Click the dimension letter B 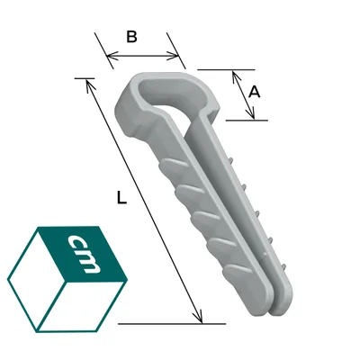[131, 37]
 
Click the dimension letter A [255, 92]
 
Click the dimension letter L [121, 198]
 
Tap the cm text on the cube [83, 254]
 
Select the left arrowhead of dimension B [112, 56]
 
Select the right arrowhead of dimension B [174, 56]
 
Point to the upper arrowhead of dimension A [237, 76]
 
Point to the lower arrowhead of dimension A [250, 113]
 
